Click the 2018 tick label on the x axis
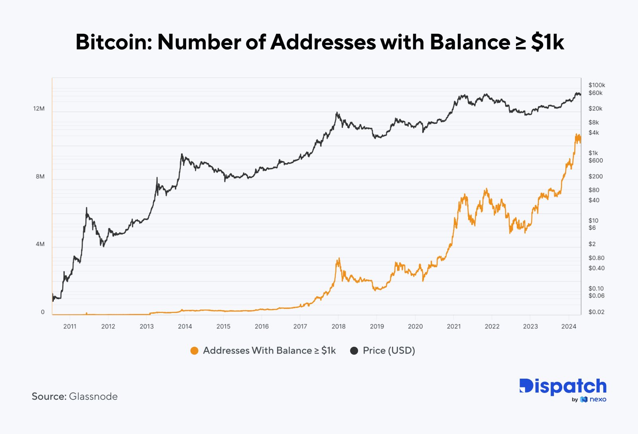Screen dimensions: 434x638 pyautogui.click(x=339, y=326)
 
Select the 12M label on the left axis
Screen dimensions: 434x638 pyautogui.click(x=39, y=109)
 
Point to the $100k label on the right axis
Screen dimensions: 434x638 pyautogui.click(x=597, y=85)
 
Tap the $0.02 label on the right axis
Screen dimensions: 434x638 pyautogui.click(x=596, y=312)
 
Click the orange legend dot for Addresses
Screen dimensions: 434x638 pyautogui.click(x=194, y=351)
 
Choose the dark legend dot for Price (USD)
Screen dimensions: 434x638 pyautogui.click(x=354, y=351)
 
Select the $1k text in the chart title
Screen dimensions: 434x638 pyautogui.click(x=547, y=42)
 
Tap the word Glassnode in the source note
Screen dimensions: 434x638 pyautogui.click(x=93, y=397)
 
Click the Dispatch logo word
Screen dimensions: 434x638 pyautogui.click(x=563, y=386)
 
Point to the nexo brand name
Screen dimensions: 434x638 pyautogui.click(x=598, y=399)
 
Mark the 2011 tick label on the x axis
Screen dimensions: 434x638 pyautogui.click(x=70, y=326)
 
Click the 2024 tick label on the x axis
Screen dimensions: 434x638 pyautogui.click(x=569, y=326)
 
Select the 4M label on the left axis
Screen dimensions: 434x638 pyautogui.click(x=40, y=244)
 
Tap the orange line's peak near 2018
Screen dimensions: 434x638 pyautogui.click(x=339, y=258)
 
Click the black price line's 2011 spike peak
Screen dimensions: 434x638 pyautogui.click(x=87, y=208)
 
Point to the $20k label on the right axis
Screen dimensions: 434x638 pyautogui.click(x=595, y=109)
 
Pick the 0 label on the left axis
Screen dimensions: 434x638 pyautogui.click(x=43, y=312)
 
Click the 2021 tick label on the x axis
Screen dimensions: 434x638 pyautogui.click(x=453, y=326)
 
